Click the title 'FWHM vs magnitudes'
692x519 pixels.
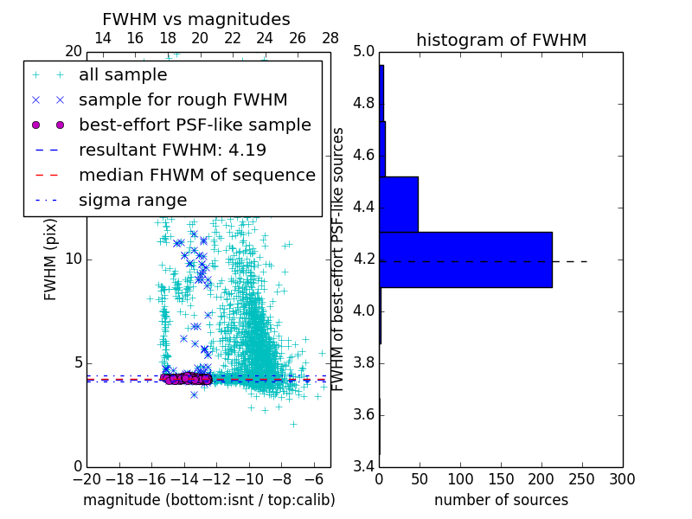tap(196, 20)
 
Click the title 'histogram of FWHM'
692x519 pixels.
tap(501, 40)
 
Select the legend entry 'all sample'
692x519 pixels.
tap(123, 75)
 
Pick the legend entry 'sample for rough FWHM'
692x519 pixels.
tap(183, 100)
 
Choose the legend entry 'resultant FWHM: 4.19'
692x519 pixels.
tap(172, 151)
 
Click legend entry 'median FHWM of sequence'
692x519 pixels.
tap(196, 176)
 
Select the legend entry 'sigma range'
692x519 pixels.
tap(132, 201)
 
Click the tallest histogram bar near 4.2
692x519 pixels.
tap(465, 259)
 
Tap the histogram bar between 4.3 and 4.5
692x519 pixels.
tap(399, 204)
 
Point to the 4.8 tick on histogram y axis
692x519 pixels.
tap(363, 104)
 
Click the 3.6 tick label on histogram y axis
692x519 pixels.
tap(363, 414)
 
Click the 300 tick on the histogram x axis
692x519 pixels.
tap(622, 479)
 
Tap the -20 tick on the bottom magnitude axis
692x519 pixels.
tap(86, 479)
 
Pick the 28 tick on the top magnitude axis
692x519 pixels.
tap(330, 38)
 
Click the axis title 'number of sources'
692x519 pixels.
tap(501, 500)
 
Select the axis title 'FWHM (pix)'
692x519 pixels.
tap(51, 259)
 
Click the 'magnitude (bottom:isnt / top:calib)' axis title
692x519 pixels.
tap(208, 500)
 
